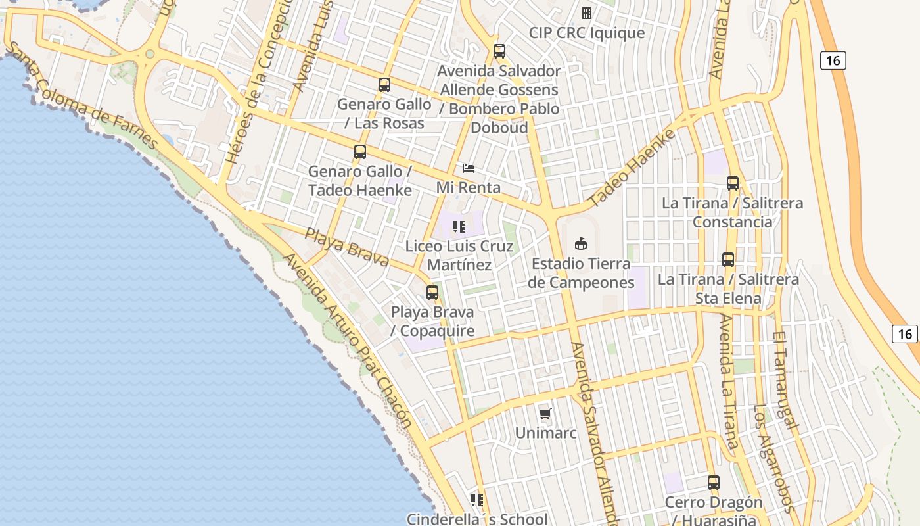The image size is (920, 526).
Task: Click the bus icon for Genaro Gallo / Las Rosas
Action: pos(384,85)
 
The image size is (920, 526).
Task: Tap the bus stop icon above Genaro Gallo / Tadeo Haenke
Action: pos(360,152)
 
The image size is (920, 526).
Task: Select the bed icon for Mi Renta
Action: pos(469,168)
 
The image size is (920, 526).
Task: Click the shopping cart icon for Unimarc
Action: pos(545,414)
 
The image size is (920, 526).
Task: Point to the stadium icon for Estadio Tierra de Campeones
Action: pos(581,244)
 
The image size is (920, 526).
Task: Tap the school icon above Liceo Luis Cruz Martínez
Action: pos(459,227)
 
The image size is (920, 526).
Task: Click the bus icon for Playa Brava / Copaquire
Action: pos(432,293)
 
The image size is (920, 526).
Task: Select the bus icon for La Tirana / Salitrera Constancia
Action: pos(733,183)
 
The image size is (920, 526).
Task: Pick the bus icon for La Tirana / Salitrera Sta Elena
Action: pos(728,260)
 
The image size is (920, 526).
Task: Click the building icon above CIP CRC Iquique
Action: pos(587,13)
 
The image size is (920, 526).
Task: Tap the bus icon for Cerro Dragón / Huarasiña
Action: pos(714,483)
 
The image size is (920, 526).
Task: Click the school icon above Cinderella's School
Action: pos(477,500)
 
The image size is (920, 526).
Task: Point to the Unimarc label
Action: pos(545,433)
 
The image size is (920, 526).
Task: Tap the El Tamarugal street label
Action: pos(786,381)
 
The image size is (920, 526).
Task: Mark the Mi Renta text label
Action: pos(469,187)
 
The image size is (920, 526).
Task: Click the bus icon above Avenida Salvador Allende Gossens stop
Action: pos(499,51)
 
